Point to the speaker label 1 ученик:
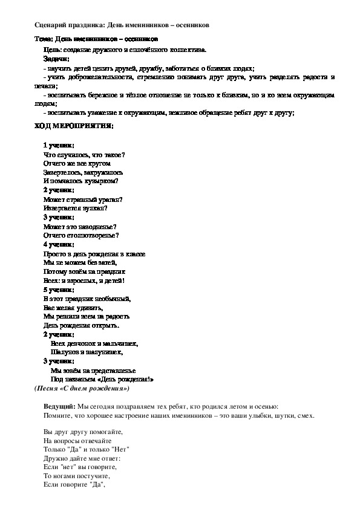[59, 146]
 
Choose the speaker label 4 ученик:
[59, 244]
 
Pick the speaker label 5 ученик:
[59, 289]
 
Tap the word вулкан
[94, 208]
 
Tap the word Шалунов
[64, 351]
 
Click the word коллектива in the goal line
[187, 48]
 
